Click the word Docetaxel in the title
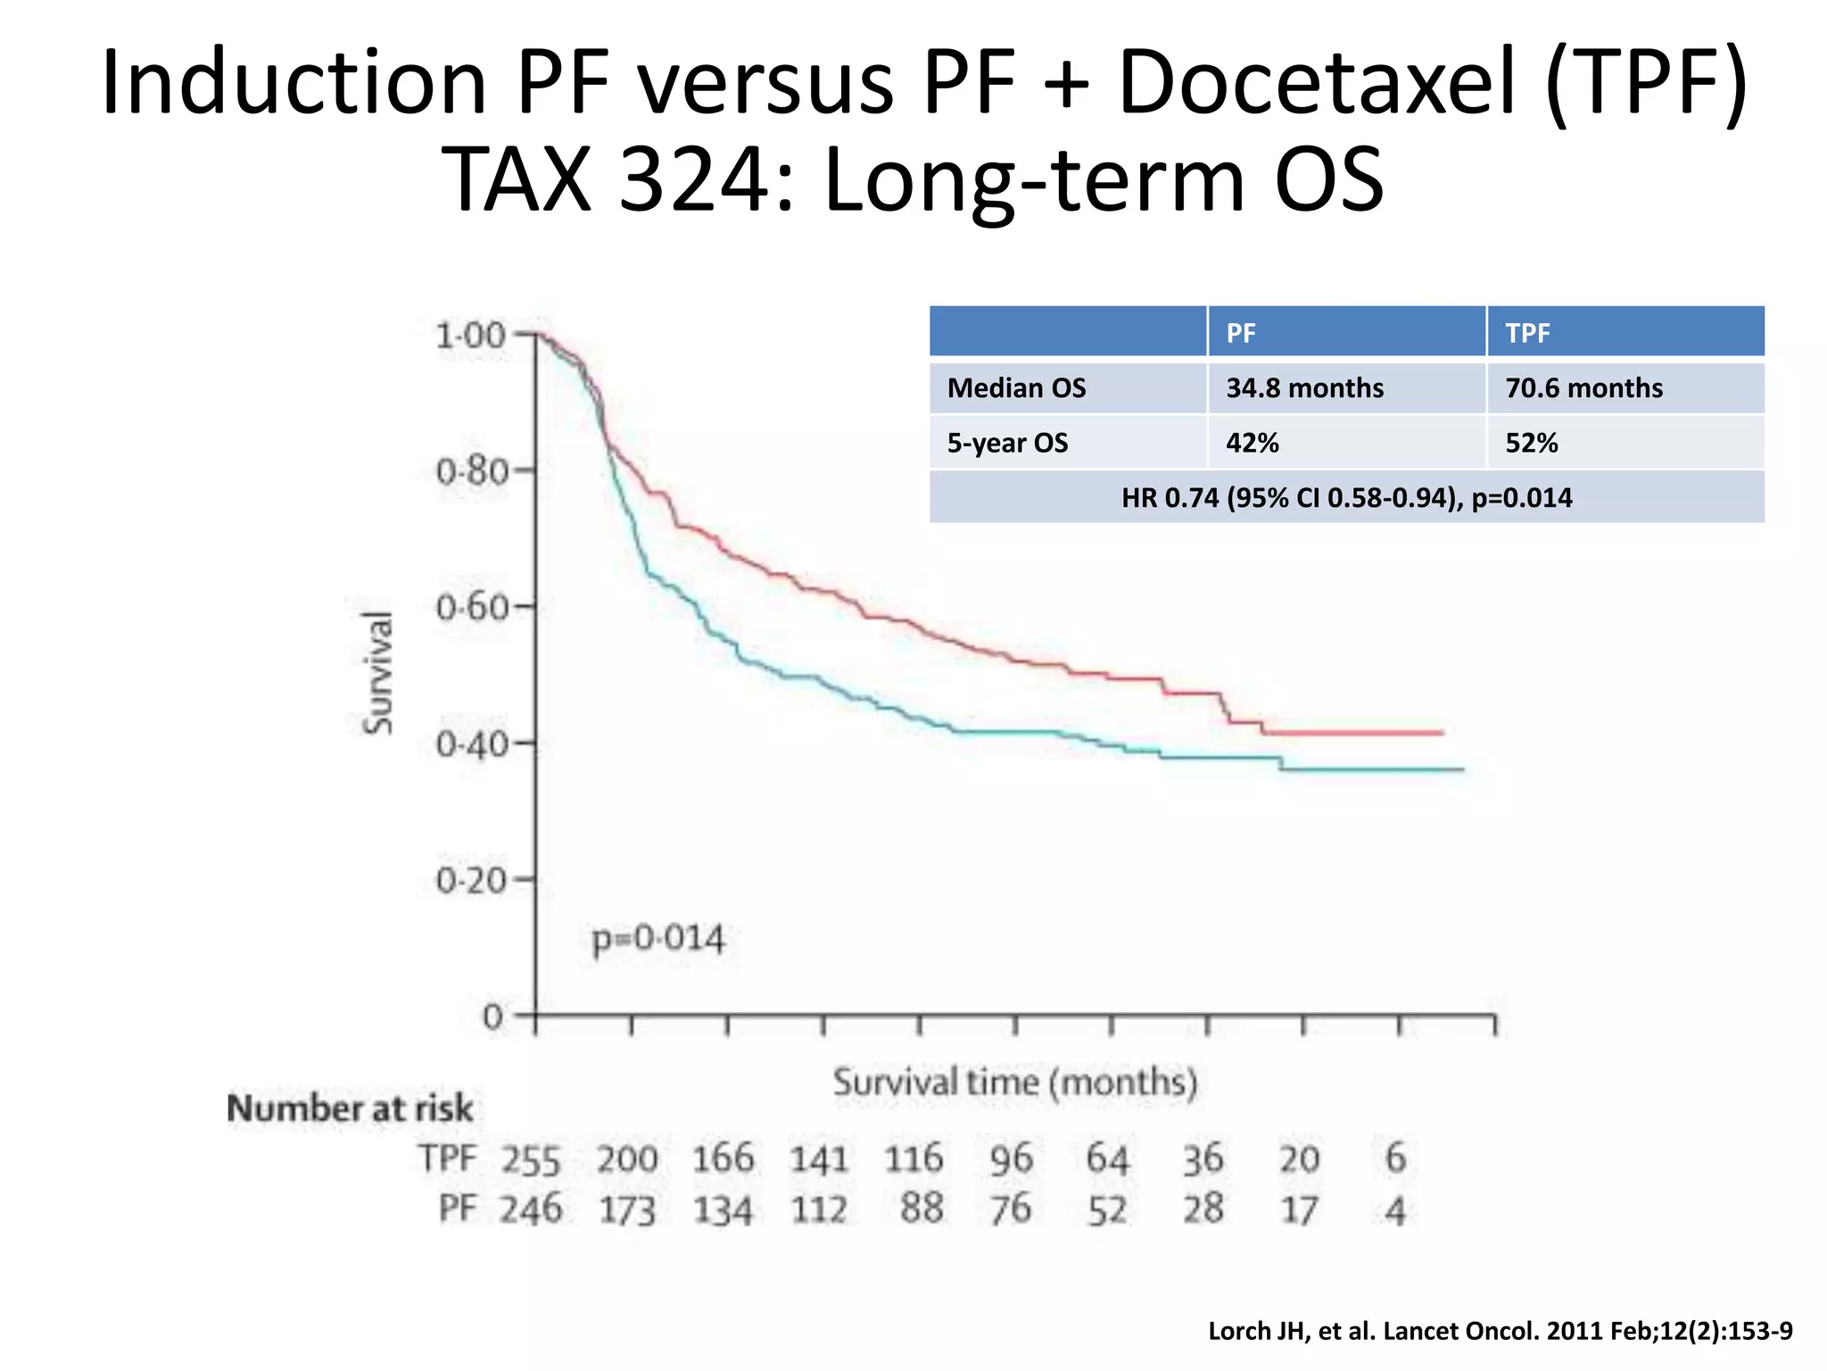pos(1316,82)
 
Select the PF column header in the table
pos(1240,333)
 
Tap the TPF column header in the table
pos(1527,333)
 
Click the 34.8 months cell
pos(1304,387)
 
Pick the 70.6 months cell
pos(1583,387)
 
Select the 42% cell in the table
pos(1252,443)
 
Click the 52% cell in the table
pos(1531,443)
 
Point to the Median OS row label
pos(1016,387)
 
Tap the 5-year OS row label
pos(1007,443)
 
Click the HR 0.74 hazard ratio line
pos(1346,497)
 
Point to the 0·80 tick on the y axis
pos(472,470)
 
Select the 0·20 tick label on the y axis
pos(472,880)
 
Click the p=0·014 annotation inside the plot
pos(658,939)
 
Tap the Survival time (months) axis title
pos(1014,1082)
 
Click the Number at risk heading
pos(350,1108)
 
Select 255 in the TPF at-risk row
pos(530,1160)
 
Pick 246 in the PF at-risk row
pos(530,1209)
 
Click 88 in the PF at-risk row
pos(922,1209)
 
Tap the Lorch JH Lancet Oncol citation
pos(1500,1331)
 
